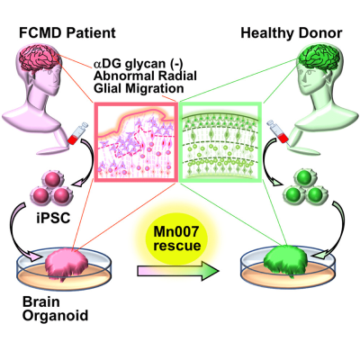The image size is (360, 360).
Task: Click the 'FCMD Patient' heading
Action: coord(67,32)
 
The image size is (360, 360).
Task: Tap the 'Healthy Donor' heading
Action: coord(292,32)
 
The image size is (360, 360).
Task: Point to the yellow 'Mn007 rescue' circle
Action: coord(176,239)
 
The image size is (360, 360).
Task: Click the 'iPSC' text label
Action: coord(53,218)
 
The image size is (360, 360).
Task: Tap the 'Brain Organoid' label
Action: coord(55,309)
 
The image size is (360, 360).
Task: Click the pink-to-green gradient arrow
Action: coord(178,271)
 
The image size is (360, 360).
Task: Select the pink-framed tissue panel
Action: coord(136,142)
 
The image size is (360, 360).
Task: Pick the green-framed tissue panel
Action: coord(220,142)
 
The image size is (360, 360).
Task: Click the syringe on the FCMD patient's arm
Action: coord(76,133)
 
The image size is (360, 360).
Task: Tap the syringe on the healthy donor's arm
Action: coord(278,132)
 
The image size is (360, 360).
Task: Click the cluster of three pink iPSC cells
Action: coord(51,186)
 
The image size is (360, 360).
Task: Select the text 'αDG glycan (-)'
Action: coord(139,64)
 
